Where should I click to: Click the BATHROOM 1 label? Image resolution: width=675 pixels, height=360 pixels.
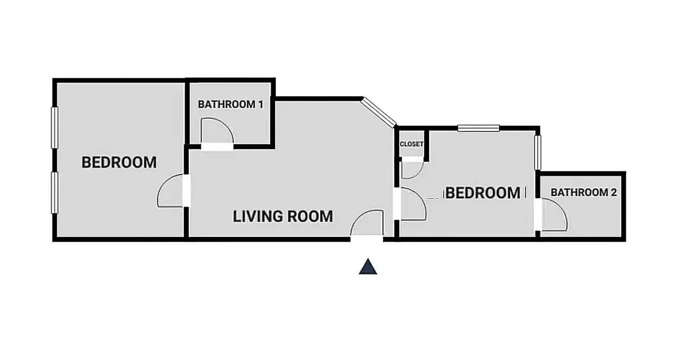click(230, 104)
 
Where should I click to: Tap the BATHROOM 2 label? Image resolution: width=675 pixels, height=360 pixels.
click(584, 192)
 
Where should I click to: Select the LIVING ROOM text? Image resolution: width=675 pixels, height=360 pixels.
click(283, 216)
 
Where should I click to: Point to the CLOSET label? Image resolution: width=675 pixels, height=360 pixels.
click(411, 144)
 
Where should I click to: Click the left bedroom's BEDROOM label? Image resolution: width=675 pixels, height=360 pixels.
click(119, 162)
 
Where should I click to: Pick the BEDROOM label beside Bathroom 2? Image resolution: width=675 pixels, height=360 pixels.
click(483, 193)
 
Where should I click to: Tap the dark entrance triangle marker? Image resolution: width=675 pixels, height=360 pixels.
click(368, 267)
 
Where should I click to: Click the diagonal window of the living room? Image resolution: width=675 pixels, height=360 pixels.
click(379, 112)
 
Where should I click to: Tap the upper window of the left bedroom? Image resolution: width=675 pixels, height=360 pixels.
click(55, 128)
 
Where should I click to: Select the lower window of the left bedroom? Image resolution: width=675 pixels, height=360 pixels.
click(55, 193)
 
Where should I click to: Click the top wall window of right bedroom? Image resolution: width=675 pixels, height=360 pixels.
click(478, 128)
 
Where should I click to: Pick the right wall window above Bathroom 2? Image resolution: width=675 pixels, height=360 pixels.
click(537, 152)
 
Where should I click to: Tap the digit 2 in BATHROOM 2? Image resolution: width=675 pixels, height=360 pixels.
click(613, 192)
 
